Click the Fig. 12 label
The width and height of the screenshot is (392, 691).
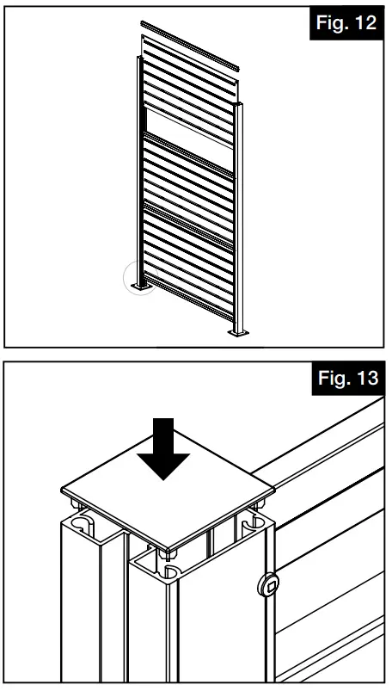346,23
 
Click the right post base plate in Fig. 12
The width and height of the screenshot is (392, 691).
238,332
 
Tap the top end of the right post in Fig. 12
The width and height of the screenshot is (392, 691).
243,106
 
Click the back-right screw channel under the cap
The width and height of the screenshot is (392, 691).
253,521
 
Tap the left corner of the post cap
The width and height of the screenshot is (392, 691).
62,492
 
